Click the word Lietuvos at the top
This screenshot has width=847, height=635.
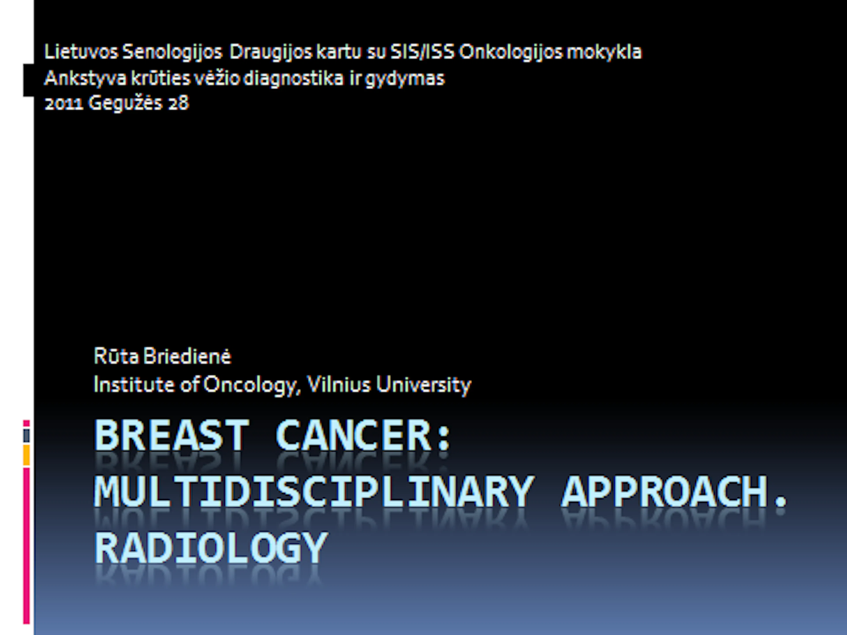coord(81,52)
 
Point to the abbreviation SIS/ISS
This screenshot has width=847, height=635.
coord(422,52)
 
